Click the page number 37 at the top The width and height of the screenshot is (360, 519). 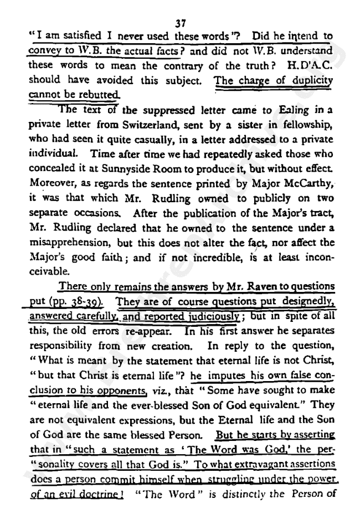tap(179, 23)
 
